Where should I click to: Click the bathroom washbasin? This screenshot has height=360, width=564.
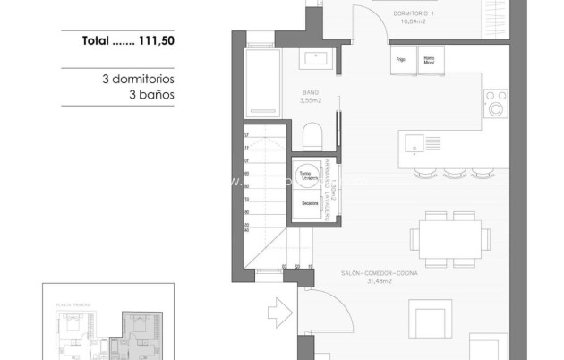click(318, 59)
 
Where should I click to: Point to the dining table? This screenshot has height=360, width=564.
click(450, 236)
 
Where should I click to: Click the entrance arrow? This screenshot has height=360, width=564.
click(278, 314)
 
